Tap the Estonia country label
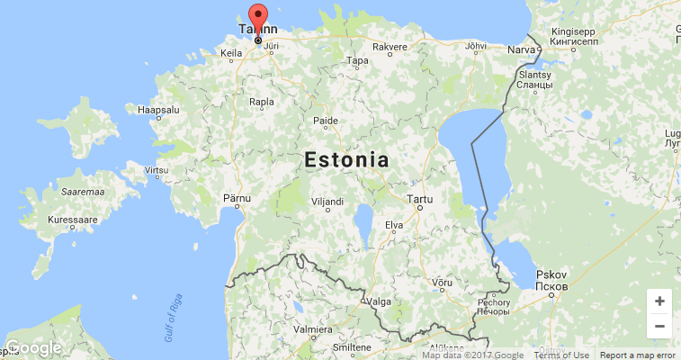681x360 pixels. (x=346, y=161)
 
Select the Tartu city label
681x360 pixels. (x=420, y=198)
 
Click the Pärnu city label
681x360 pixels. (x=237, y=196)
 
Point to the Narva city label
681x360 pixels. (x=522, y=49)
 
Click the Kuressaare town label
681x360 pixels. (x=72, y=219)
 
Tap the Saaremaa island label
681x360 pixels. (x=83, y=192)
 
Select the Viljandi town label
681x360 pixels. (x=327, y=202)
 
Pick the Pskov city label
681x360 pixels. (x=550, y=274)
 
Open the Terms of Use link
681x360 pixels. (x=561, y=355)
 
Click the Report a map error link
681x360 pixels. (x=637, y=355)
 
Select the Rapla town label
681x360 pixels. (x=262, y=102)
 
